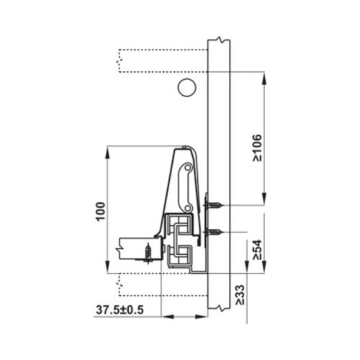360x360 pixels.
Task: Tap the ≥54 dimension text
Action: click(257, 249)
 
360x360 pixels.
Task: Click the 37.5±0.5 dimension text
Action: click(121, 310)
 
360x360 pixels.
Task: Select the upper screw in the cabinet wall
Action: click(213, 207)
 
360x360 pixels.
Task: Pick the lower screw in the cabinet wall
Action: click(214, 232)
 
